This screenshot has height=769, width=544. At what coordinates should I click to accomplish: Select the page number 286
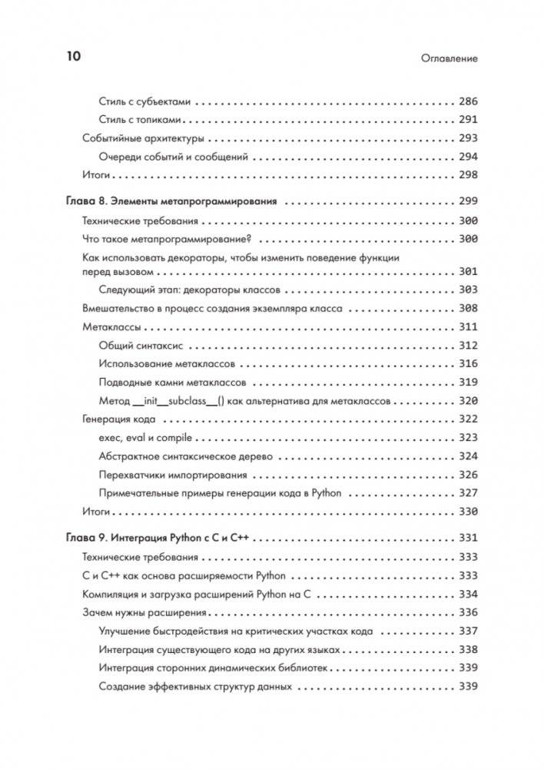tap(468, 101)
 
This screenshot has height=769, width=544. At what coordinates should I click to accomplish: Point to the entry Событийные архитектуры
tap(143, 138)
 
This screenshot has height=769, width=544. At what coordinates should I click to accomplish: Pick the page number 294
tap(468, 157)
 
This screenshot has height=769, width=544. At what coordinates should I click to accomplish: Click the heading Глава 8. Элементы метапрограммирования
tap(173, 202)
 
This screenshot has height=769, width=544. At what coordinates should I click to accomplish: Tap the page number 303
tap(468, 290)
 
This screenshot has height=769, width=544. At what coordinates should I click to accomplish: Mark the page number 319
tap(468, 383)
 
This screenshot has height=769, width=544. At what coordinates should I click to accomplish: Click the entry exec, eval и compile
tap(145, 438)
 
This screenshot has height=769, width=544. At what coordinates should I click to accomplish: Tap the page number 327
tap(468, 493)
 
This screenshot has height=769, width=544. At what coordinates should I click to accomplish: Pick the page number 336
tap(468, 612)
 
